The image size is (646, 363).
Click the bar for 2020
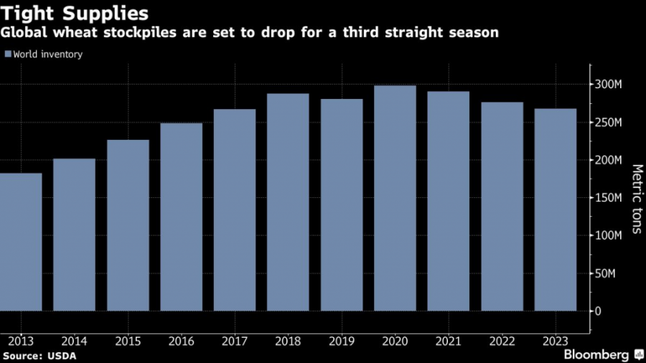tap(395, 198)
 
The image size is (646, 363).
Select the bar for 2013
tap(21, 242)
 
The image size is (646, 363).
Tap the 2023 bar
tap(556, 210)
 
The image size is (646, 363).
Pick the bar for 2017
tap(235, 210)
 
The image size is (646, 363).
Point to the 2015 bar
tap(128, 225)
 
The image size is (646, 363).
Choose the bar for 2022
tap(502, 207)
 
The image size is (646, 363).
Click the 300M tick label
tap(608, 85)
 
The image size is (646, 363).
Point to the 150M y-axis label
tap(608, 198)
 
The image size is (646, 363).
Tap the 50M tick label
tap(605, 274)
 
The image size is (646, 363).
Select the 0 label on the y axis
tap(598, 311)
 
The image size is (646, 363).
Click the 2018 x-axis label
tap(288, 341)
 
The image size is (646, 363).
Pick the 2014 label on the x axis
tap(74, 341)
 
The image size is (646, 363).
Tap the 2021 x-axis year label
tap(448, 341)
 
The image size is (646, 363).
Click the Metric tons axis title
tap(637, 199)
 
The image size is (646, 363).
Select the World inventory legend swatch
tap(8, 54)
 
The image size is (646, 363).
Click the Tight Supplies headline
tap(75, 14)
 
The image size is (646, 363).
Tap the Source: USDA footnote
tap(39, 356)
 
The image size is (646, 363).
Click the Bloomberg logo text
tap(596, 355)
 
